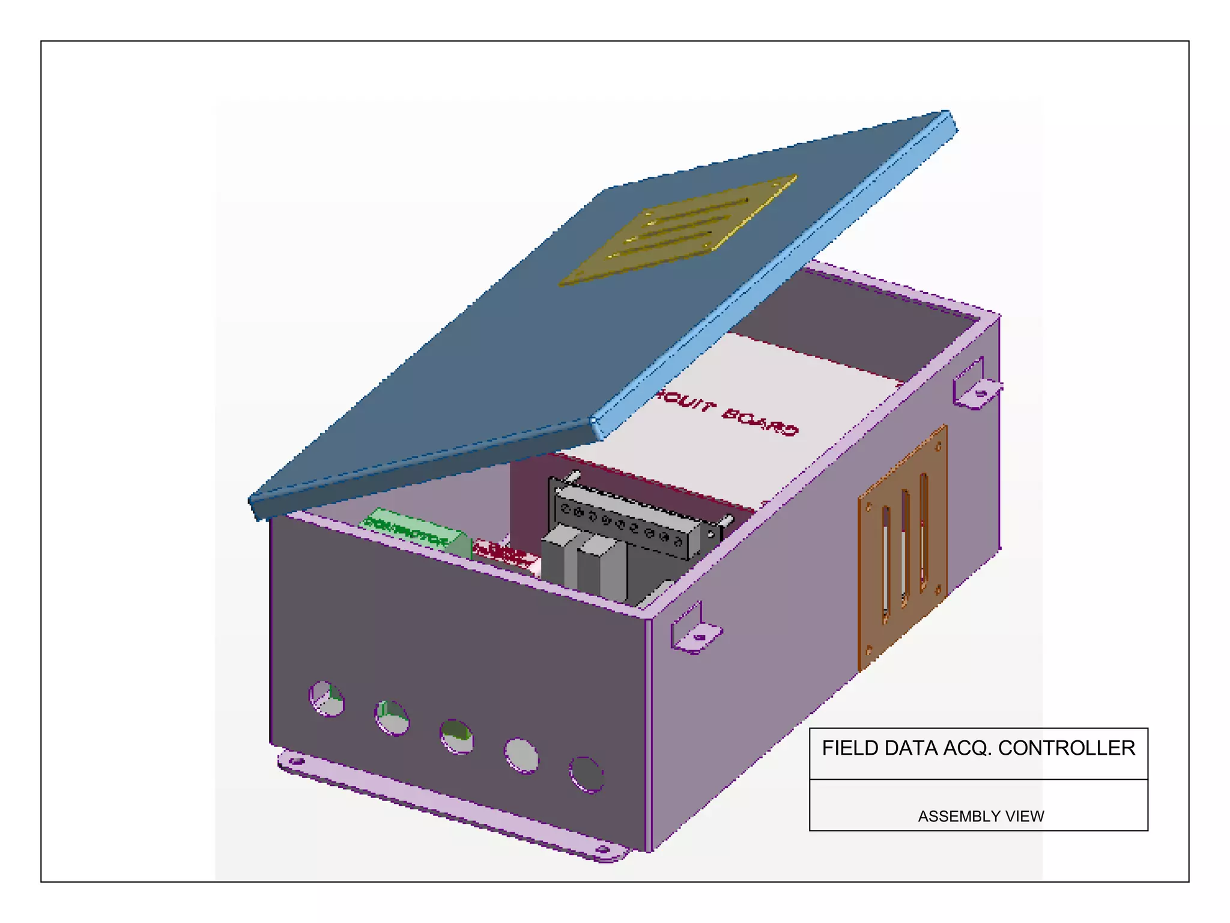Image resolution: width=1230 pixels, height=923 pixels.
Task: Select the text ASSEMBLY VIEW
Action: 981,816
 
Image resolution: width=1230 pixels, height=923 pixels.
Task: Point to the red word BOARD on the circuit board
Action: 760,421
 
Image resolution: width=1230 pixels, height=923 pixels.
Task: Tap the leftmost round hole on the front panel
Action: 327,698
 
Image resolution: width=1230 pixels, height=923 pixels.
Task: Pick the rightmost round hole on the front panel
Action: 586,775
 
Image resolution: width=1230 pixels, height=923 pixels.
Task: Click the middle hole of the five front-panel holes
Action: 457,736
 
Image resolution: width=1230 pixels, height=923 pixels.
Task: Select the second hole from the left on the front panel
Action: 392,717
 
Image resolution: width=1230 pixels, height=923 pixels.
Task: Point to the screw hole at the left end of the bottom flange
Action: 295,762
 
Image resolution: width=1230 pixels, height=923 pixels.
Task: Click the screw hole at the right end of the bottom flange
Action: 602,850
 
